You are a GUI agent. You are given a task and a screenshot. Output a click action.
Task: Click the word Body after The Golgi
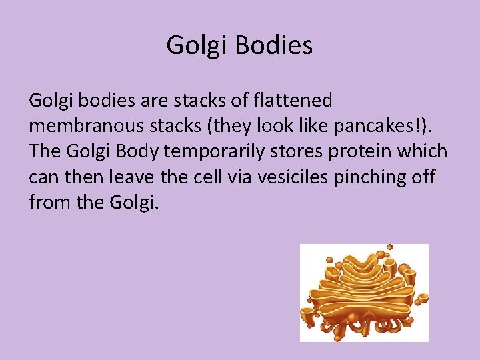pyautogui.click(x=137, y=151)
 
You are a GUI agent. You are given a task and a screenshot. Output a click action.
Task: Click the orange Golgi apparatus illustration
pyautogui.click(x=364, y=292)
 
